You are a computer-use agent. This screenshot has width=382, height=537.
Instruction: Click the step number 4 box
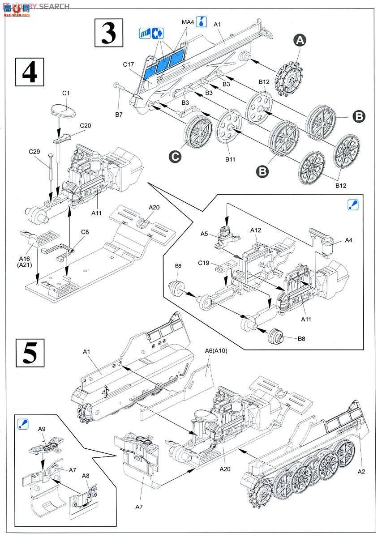coord(30,72)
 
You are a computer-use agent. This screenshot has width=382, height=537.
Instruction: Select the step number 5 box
coord(30,353)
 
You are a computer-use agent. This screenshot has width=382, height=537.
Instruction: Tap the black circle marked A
coord(300,40)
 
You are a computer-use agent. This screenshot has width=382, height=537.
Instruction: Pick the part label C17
coord(129,64)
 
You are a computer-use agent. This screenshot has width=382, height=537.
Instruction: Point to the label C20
coord(85,126)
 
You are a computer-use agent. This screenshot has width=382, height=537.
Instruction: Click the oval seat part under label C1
coord(64,110)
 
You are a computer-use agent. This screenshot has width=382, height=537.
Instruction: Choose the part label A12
coord(256,230)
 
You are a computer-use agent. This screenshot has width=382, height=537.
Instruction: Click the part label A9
coord(42,429)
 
